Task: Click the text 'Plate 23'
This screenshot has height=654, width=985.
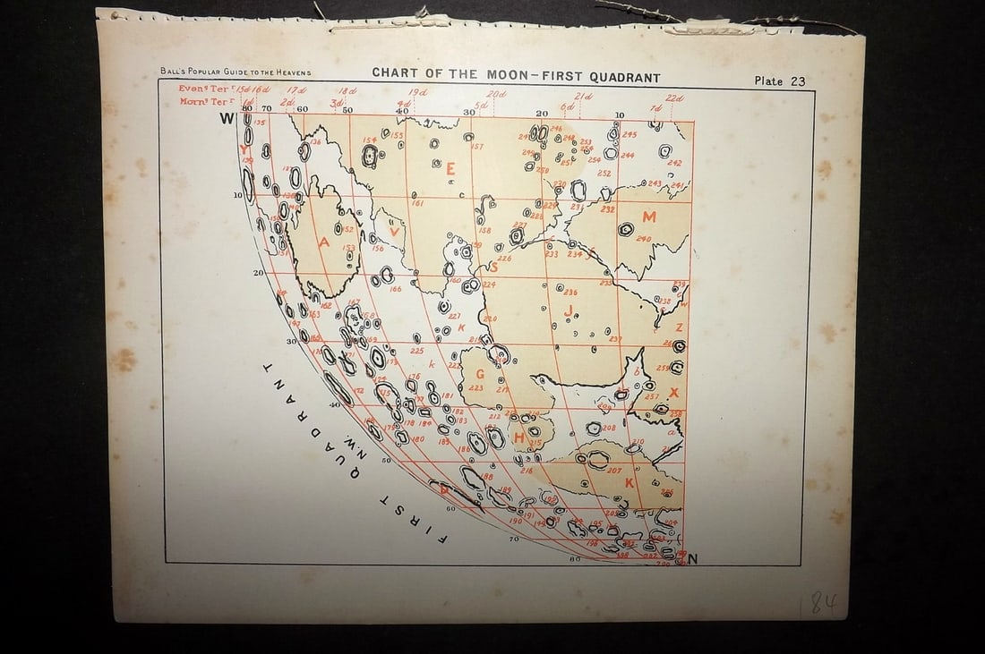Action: (779, 81)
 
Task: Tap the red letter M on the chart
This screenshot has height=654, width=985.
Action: (649, 217)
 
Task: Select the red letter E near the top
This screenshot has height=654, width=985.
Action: (450, 167)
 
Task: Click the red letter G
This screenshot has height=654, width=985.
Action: (481, 374)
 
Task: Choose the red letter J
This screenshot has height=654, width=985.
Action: (568, 310)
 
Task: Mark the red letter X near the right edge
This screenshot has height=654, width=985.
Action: (674, 393)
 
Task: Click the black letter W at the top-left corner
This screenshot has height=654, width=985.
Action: (227, 118)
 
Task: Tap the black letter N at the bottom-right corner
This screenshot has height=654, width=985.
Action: (692, 560)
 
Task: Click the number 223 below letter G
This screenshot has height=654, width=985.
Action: (475, 388)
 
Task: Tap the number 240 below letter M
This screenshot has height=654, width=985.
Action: (643, 239)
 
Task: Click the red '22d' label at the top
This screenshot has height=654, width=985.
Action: (674, 98)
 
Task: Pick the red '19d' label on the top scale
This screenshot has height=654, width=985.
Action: (416, 92)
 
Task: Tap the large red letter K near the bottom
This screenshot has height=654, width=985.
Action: (630, 482)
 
